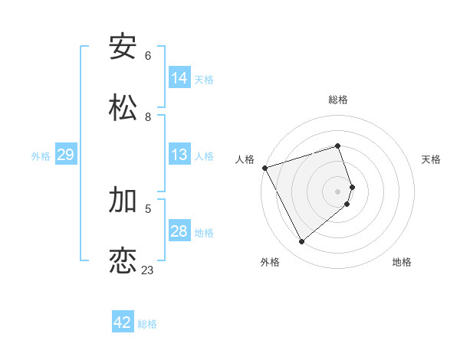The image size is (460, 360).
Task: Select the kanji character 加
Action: coord(123,200)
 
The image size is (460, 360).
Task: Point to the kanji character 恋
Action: coord(123,260)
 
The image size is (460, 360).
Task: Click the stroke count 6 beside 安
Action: coord(148,56)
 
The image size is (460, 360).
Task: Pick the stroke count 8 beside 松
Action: coord(148,116)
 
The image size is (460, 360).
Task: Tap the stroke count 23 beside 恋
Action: coord(147,270)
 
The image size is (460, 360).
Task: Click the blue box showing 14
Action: coord(179,78)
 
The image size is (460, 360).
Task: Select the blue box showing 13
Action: coord(179,155)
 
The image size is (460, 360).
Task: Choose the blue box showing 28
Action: coord(179,231)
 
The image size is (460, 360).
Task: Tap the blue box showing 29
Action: coord(66,155)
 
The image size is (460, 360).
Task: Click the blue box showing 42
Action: coord(123,322)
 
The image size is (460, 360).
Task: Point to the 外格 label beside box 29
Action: coord(41,155)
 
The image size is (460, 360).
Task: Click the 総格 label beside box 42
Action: coord(147,324)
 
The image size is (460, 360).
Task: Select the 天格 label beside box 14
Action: coord(204,79)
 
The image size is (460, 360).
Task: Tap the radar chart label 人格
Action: coord(245,159)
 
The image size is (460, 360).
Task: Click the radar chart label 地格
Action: coord(402,262)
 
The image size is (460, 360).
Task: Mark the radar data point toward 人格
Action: coord(264,168)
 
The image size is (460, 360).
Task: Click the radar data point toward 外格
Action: coord(301,242)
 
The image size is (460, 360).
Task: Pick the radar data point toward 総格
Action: coord(338,146)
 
